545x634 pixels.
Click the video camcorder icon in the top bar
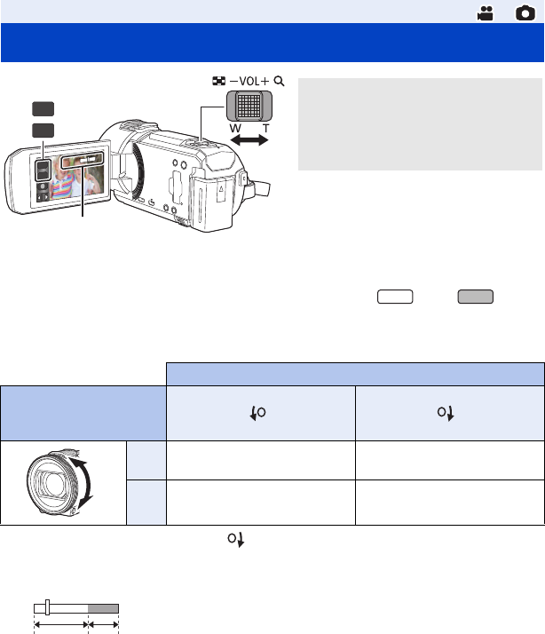(x=486, y=13)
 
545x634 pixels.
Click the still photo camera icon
(x=525, y=13)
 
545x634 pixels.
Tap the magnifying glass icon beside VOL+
(x=279, y=82)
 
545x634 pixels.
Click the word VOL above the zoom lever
(x=249, y=82)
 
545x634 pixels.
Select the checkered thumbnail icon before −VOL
(x=218, y=81)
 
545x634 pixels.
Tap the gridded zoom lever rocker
(x=249, y=106)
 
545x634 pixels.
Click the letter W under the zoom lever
(x=235, y=129)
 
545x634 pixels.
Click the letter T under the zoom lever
(x=265, y=129)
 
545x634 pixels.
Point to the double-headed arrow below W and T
(x=249, y=140)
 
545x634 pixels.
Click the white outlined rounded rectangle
(x=395, y=297)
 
